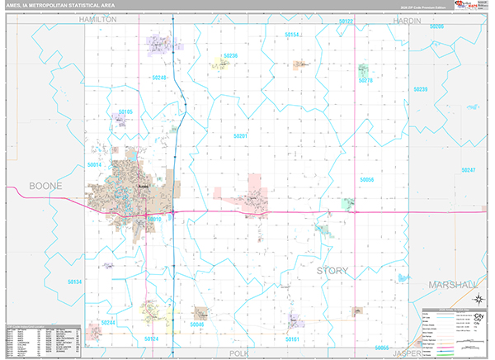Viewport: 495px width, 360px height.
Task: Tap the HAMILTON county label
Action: pyautogui.click(x=98, y=18)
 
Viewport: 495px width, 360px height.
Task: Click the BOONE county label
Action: pyautogui.click(x=45, y=186)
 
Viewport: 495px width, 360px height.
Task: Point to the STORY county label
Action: pyautogui.click(x=332, y=270)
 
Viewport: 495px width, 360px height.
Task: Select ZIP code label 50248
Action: pyautogui.click(x=160, y=78)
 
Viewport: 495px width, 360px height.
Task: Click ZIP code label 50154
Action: pyautogui.click(x=292, y=35)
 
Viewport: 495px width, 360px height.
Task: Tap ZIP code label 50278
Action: pyautogui.click(x=365, y=80)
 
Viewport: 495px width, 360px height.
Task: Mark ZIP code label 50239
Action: pyautogui.click(x=421, y=88)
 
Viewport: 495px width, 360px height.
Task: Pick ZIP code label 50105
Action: pyautogui.click(x=125, y=111)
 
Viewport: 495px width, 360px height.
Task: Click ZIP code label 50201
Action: pyautogui.click(x=240, y=135)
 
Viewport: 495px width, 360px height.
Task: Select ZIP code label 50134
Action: pyautogui.click(x=74, y=282)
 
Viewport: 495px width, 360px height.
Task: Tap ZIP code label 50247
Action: pyautogui.click(x=468, y=169)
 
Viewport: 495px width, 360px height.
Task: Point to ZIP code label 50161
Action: pyautogui.click(x=293, y=339)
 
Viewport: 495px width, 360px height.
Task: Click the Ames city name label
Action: pyautogui.click(x=142, y=187)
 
